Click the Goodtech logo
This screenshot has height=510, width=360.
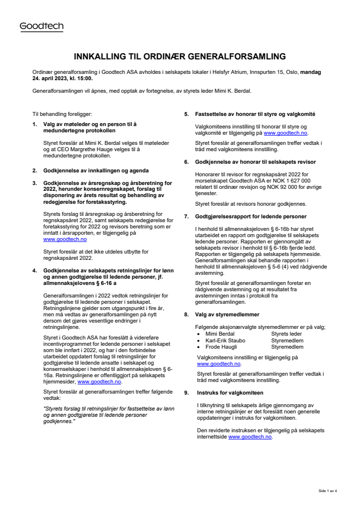(x=42, y=27)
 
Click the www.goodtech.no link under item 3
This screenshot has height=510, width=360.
(x=65, y=239)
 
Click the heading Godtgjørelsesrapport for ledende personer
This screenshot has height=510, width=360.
(x=250, y=215)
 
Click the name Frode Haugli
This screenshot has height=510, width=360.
(x=221, y=347)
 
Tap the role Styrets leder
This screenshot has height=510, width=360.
(x=287, y=333)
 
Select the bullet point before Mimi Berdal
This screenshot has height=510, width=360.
(x=199, y=334)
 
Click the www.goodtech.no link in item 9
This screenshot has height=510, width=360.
(x=250, y=437)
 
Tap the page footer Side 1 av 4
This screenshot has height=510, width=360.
(x=327, y=490)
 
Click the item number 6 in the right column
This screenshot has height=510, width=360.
(x=186, y=161)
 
